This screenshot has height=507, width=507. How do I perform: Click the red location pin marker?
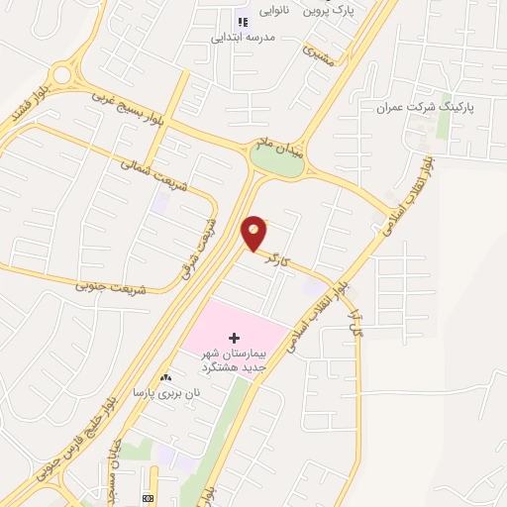tap(254, 232)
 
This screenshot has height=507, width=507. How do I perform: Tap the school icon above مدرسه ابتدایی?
tap(242, 21)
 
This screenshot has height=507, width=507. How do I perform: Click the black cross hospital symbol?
tap(234, 338)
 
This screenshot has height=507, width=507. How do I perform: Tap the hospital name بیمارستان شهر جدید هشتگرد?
tap(234, 360)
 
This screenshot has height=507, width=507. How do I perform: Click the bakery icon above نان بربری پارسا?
tap(166, 377)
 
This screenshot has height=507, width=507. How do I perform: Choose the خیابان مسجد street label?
tap(110, 464)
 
